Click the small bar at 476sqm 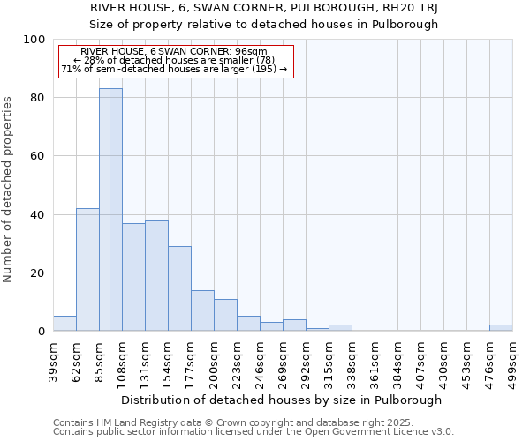501,328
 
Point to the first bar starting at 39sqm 64,324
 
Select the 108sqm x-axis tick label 122,361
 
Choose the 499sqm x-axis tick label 512,361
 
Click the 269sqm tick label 283,361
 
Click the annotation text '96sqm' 263,52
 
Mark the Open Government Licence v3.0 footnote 254,432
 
